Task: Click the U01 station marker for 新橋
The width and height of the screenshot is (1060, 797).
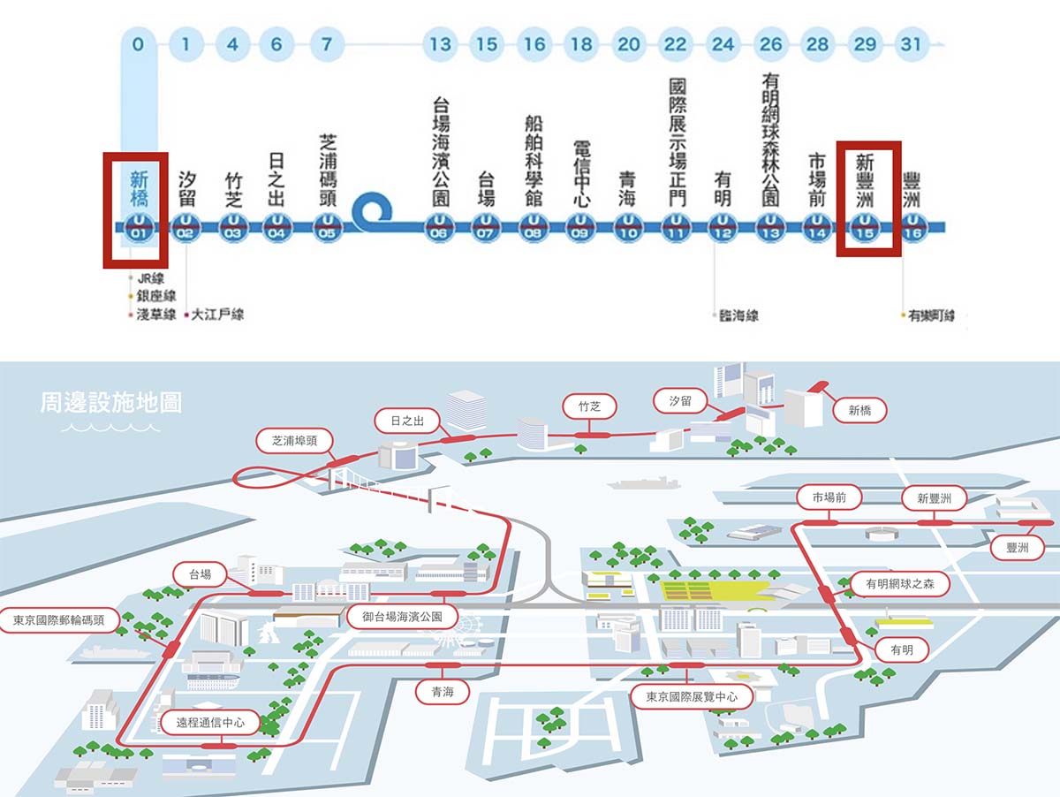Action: (140, 227)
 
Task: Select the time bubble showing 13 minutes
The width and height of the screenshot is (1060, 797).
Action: (439, 43)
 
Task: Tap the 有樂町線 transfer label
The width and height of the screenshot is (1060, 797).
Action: (931, 315)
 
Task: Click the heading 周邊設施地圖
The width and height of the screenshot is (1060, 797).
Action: (111, 404)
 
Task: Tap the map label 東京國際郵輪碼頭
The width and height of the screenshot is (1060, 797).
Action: (59, 620)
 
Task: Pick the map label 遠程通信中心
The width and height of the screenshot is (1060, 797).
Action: (210, 723)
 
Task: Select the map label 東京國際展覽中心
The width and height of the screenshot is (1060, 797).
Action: (692, 696)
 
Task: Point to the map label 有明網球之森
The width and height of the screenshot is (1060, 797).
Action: (906, 583)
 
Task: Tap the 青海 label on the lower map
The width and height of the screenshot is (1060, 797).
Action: (443, 693)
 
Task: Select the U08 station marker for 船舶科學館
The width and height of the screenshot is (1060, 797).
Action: (533, 227)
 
